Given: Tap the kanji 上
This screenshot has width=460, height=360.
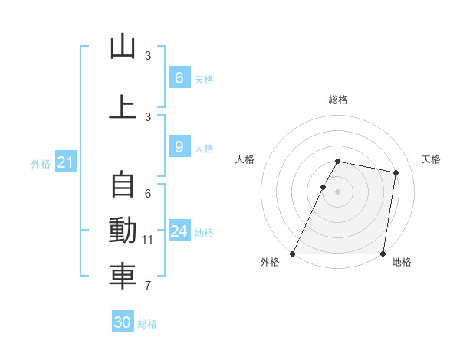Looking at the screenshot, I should click(123, 107).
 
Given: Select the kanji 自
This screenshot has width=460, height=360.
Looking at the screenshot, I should click(123, 185).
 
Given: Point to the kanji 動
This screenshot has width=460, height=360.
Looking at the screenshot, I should click(123, 231).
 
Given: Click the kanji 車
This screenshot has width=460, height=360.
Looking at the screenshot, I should click(123, 277).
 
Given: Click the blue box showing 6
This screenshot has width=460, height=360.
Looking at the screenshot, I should click(179, 77).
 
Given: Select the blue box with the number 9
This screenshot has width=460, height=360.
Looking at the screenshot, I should click(179, 146).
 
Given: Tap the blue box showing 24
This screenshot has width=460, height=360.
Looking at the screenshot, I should click(179, 231).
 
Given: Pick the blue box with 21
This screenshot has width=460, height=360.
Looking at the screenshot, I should click(65, 162).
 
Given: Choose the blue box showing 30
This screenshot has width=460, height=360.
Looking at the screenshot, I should click(123, 322).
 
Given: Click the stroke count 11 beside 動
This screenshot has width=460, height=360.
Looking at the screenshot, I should click(148, 240).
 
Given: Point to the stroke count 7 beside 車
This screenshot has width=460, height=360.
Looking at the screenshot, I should click(148, 286).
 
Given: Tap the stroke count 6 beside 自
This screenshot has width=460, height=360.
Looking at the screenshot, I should click(148, 194).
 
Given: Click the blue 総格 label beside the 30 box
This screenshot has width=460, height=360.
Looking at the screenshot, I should click(147, 324).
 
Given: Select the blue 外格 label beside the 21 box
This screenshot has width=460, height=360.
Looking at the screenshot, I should click(40, 163).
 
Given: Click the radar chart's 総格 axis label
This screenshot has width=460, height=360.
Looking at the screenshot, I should click(338, 100).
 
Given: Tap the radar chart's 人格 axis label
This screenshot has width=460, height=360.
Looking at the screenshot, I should click(245, 159).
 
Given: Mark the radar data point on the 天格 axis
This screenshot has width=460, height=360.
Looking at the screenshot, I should click(396, 173).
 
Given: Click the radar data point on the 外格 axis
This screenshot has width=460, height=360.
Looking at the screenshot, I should click(293, 254).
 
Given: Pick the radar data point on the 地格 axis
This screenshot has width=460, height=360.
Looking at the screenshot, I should click(383, 254).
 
